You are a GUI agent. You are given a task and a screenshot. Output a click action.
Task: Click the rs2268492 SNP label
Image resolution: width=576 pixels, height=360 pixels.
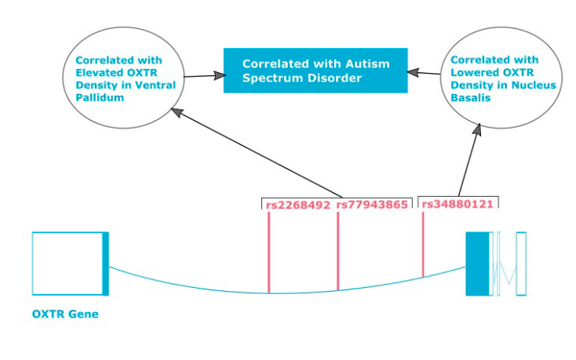point(297,205)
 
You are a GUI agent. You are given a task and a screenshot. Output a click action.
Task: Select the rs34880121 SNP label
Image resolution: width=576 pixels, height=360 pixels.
point(457,204)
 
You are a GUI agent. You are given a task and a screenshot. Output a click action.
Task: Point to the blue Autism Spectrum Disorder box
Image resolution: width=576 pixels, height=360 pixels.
point(315,71)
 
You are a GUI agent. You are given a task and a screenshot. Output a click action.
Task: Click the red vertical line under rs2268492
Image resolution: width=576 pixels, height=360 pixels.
point(268,251)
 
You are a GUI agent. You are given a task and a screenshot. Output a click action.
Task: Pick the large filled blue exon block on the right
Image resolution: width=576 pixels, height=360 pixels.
point(476,264)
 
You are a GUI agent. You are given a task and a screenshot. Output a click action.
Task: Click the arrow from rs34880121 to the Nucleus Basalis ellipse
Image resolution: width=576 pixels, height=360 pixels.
point(469,157)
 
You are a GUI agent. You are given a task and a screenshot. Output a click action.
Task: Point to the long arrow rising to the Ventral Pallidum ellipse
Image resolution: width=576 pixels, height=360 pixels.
point(259,154)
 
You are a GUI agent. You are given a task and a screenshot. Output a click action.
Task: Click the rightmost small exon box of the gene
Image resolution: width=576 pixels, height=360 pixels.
point(520,264)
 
